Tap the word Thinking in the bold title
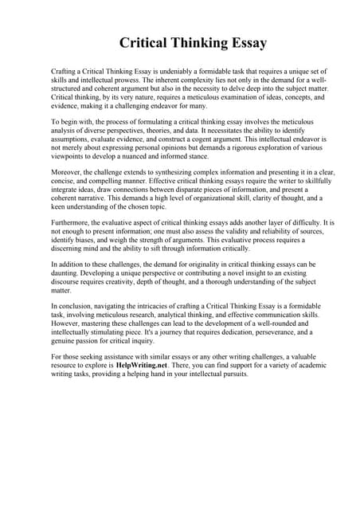[186, 42]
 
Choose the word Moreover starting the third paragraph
[68, 172]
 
